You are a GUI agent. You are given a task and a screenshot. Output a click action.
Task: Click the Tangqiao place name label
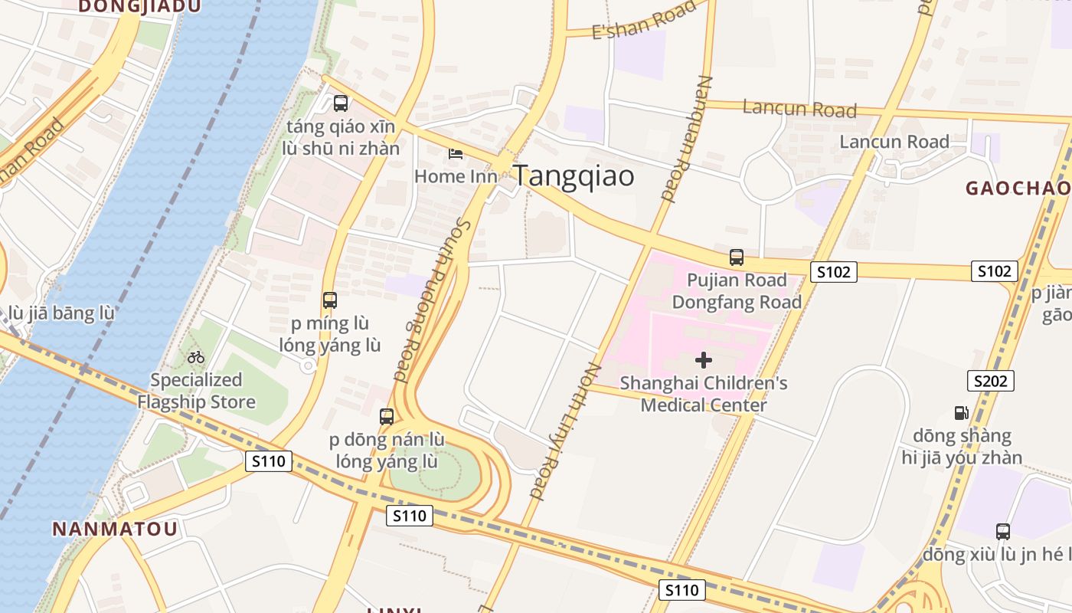tap(574, 175)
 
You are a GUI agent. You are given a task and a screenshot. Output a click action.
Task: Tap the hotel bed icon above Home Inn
tap(456, 154)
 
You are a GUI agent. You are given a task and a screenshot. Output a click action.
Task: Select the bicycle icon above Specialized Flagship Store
tap(196, 357)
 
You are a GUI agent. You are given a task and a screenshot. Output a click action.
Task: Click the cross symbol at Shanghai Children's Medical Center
tap(704, 359)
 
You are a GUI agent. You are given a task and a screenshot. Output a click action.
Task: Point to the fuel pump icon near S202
tap(961, 413)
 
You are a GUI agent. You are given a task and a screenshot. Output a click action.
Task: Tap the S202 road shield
tap(990, 381)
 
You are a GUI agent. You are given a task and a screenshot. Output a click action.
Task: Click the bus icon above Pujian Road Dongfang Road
tap(737, 257)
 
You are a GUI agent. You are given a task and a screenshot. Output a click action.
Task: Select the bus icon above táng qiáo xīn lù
tap(341, 103)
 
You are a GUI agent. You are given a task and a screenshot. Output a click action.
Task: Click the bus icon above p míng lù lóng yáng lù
tap(330, 300)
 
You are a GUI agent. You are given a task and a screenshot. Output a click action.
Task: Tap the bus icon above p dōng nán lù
tap(387, 417)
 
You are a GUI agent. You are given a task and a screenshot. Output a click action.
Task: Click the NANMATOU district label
tap(115, 529)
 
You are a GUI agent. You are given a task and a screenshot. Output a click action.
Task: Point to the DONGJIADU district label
tap(139, 7)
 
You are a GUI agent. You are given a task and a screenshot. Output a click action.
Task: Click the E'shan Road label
tap(648, 21)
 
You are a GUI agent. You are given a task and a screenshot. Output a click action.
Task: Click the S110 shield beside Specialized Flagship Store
tap(269, 461)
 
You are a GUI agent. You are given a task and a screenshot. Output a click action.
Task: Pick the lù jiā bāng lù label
tap(61, 313)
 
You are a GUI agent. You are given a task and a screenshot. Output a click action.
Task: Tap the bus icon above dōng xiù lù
tap(1002, 531)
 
